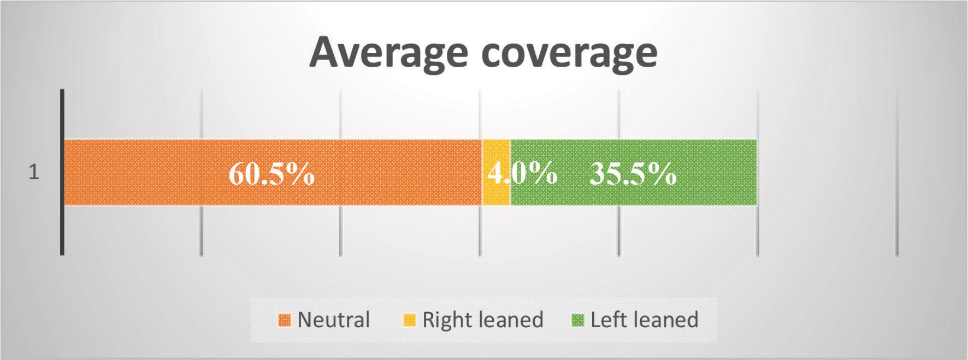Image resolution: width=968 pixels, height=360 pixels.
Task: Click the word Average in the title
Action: click(x=388, y=52)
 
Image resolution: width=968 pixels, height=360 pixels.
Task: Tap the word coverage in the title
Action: click(x=570, y=52)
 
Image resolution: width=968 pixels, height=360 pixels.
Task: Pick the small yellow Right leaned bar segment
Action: click(x=496, y=173)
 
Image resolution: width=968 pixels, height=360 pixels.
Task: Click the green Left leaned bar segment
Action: click(x=634, y=173)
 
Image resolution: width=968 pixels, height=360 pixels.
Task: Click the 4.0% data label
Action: click(x=522, y=174)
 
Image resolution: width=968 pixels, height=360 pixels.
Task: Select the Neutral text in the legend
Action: click(x=334, y=319)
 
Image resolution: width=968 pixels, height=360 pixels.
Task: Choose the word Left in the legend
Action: click(x=607, y=319)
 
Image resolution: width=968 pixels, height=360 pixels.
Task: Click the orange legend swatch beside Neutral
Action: click(x=285, y=320)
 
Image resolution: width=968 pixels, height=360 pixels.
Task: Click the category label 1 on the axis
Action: click(x=34, y=173)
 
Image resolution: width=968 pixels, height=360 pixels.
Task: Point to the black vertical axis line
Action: click(x=62, y=172)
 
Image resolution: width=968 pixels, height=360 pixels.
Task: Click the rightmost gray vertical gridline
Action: click(x=897, y=172)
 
